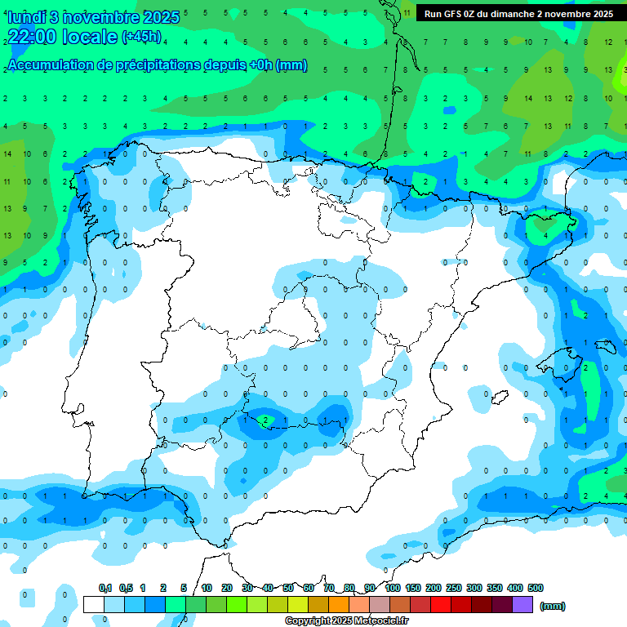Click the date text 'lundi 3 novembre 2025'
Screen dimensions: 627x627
(92, 17)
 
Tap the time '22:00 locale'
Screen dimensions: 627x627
(62, 37)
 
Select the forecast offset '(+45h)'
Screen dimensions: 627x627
(142, 37)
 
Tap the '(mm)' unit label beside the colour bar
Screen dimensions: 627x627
(553, 606)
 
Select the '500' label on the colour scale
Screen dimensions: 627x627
(536, 588)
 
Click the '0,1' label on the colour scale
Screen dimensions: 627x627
(104, 588)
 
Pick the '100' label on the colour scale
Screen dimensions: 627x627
(393, 588)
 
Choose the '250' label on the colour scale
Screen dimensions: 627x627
(454, 588)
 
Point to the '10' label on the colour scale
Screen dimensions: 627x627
(207, 588)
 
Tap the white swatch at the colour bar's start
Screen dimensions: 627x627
(94, 604)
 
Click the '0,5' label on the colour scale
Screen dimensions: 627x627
(126, 588)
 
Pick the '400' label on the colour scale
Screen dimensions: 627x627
(515, 588)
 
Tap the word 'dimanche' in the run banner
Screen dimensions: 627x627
(511, 14)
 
